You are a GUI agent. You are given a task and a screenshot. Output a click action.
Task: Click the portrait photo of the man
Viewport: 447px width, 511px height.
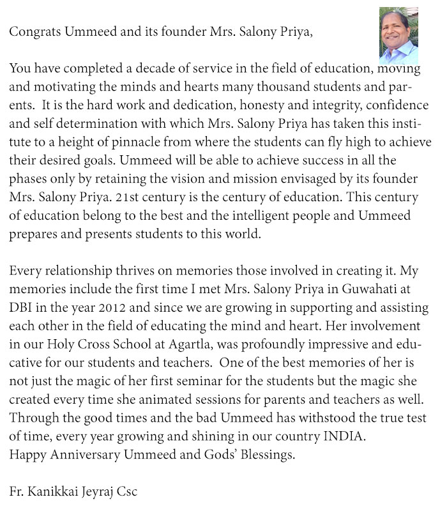pos(398,35)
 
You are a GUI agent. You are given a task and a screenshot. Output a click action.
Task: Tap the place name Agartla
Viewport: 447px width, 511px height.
pos(191,342)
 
